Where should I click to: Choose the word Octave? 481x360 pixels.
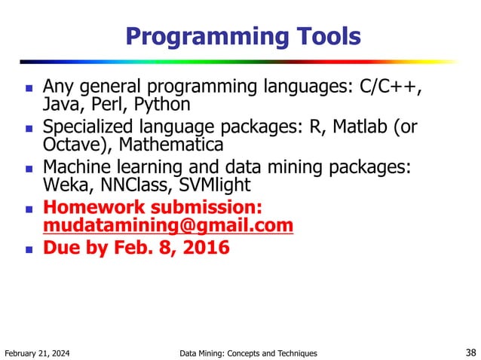click(72, 143)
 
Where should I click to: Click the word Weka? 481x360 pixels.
click(63, 183)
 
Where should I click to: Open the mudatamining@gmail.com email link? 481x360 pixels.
click(167, 224)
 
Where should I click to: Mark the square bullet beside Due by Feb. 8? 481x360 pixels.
click(28, 248)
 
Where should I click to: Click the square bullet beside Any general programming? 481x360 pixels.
click(28, 88)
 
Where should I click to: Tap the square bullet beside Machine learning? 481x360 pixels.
click(28, 168)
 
